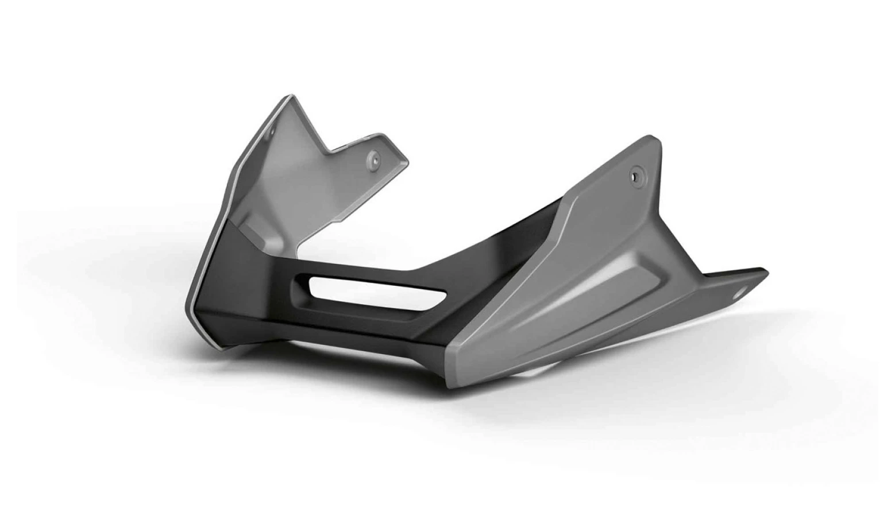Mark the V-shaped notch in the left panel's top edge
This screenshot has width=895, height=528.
(x=329, y=152)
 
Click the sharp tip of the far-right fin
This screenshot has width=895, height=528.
(x=767, y=270)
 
